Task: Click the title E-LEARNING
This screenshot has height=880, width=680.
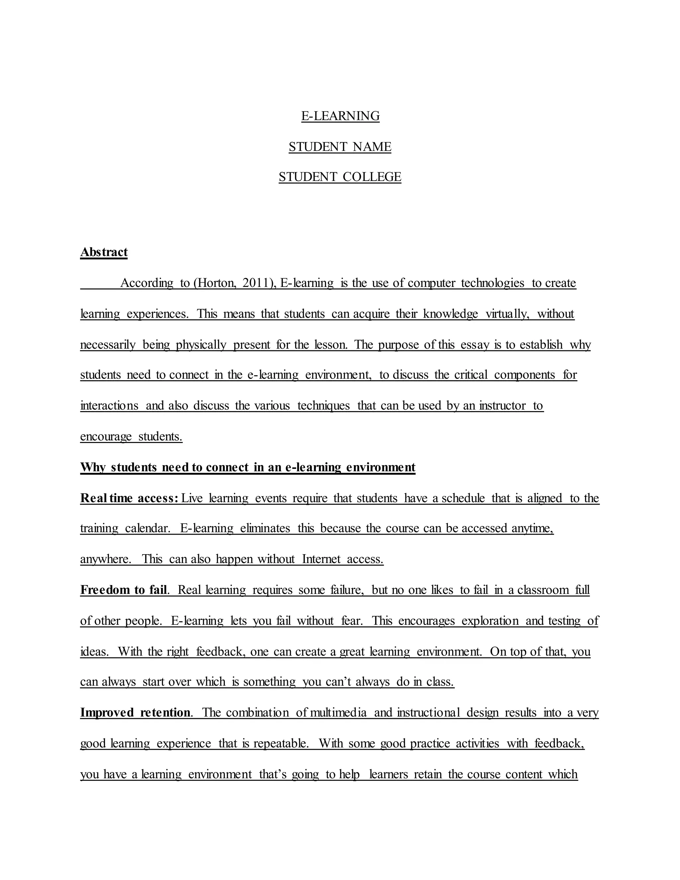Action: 340,116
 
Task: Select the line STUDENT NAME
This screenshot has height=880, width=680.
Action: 340,147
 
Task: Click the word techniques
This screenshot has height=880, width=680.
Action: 323,405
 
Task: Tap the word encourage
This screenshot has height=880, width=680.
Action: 106,436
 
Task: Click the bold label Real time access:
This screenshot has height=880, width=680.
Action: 129,498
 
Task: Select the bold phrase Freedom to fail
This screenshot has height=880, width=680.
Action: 123,590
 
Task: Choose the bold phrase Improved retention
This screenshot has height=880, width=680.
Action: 135,712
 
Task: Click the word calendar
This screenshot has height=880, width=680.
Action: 147,528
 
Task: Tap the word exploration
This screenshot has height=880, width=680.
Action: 490,621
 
